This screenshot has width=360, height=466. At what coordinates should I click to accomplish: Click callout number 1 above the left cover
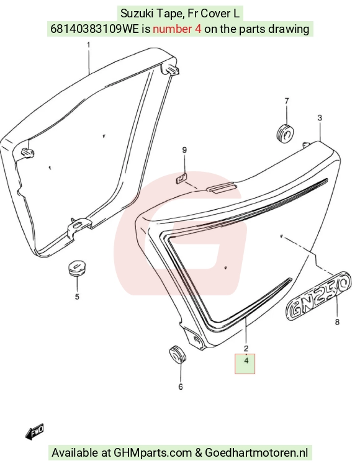click(88, 45)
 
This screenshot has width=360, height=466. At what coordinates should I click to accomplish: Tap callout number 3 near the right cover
click(320, 118)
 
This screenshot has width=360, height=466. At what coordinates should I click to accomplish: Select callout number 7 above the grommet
click(287, 101)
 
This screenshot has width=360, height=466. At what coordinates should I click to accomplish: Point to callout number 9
click(184, 150)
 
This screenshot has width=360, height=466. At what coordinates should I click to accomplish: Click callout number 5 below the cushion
click(77, 297)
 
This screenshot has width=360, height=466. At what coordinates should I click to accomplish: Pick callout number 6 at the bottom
click(181, 387)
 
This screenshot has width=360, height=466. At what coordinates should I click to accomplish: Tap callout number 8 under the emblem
click(337, 322)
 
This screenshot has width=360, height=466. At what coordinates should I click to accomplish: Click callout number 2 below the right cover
click(246, 348)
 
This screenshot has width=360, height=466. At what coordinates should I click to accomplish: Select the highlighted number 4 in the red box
click(246, 361)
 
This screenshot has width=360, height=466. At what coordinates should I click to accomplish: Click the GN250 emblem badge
click(318, 297)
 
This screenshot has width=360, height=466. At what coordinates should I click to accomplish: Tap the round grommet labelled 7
click(286, 133)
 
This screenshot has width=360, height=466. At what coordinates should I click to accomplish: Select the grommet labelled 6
click(177, 354)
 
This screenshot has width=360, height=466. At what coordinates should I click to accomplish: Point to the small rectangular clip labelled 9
click(181, 179)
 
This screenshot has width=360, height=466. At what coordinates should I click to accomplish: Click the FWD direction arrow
click(35, 431)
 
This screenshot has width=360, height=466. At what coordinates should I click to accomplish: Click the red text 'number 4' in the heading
click(177, 29)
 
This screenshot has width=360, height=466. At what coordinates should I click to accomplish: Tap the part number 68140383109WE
click(94, 29)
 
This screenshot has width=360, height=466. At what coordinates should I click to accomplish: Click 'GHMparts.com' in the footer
click(153, 452)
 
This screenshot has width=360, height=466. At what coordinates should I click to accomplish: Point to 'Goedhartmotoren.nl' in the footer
click(256, 452)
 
